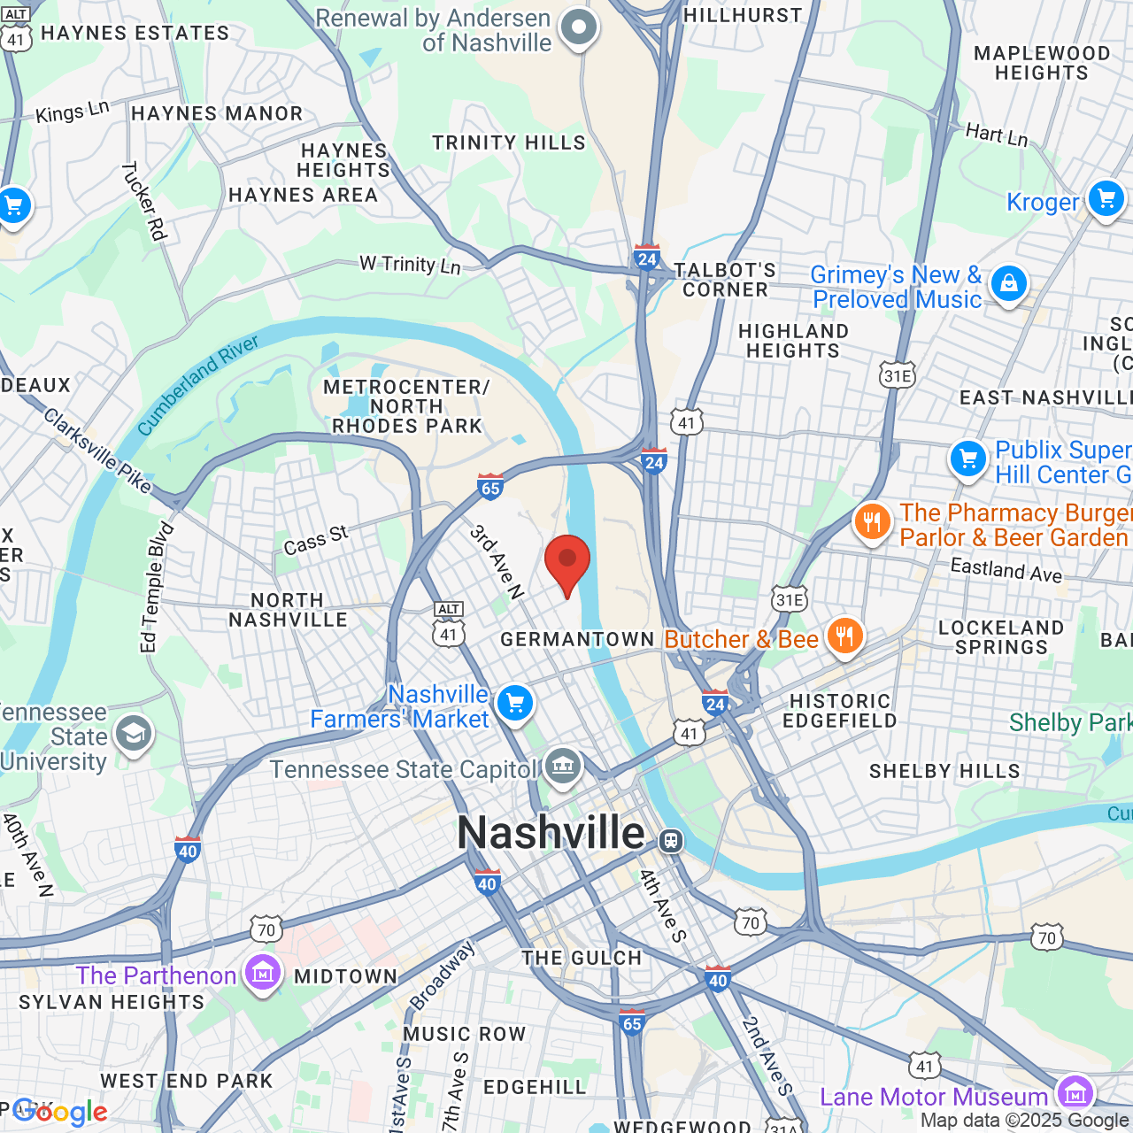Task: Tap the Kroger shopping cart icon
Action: point(1106,198)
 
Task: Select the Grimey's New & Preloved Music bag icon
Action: point(1008,284)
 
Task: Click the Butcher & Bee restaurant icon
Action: point(844,636)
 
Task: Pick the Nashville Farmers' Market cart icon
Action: point(514,704)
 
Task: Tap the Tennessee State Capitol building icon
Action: point(562,766)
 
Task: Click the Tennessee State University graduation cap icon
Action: point(134,734)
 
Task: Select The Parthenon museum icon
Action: point(263,973)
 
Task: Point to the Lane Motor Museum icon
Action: point(1075,1091)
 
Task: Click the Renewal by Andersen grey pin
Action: point(579,27)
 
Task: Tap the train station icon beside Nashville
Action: point(671,839)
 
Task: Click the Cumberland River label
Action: point(198,385)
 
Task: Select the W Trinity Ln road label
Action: point(410,265)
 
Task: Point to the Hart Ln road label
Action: point(997,134)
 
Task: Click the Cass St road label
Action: point(316,540)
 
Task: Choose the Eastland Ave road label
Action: point(1006,569)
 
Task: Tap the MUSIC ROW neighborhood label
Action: point(464,1034)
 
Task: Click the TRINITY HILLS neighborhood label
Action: point(508,143)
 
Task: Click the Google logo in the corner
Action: point(59,1112)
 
